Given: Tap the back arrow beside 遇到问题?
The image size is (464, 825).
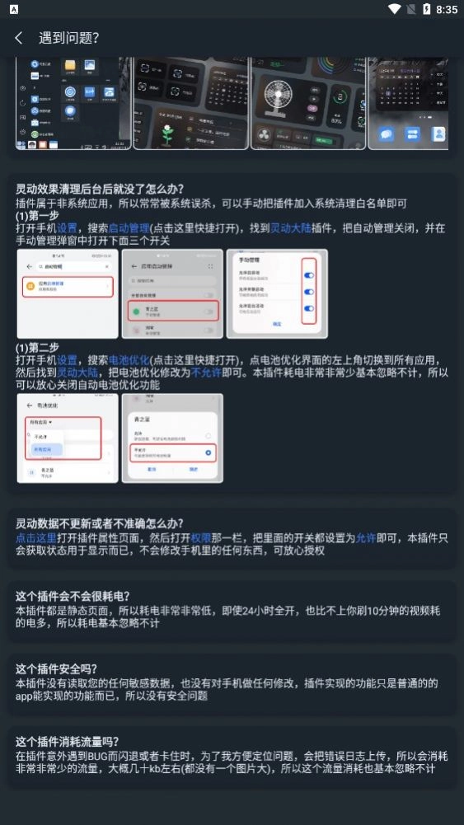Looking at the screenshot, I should click(x=18, y=38).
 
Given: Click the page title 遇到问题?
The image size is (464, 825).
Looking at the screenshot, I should click(x=68, y=38).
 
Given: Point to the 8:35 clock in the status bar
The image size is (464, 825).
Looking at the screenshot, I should click(x=447, y=9).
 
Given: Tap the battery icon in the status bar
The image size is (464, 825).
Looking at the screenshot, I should click(x=426, y=9).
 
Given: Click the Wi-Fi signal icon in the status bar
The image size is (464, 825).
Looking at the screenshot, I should click(x=394, y=9).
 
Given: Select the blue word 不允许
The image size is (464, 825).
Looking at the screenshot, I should click(x=203, y=373).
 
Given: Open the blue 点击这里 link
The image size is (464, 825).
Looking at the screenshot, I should click(x=37, y=537).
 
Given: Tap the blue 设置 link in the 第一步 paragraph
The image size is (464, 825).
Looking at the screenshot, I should click(x=68, y=227).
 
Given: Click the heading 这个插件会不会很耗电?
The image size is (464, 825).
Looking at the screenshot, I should click(x=73, y=596).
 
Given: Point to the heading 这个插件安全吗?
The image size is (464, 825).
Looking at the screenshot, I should click(x=56, y=669).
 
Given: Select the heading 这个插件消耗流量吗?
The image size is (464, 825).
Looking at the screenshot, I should click(x=68, y=741).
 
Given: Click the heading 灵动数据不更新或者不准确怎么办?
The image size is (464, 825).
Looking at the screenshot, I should click(x=100, y=523).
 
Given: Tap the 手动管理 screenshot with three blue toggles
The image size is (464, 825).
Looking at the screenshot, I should click(x=276, y=293).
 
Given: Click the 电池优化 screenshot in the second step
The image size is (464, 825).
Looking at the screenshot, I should click(x=68, y=438).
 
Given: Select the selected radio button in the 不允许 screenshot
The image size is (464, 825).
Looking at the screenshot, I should click(x=209, y=452).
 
